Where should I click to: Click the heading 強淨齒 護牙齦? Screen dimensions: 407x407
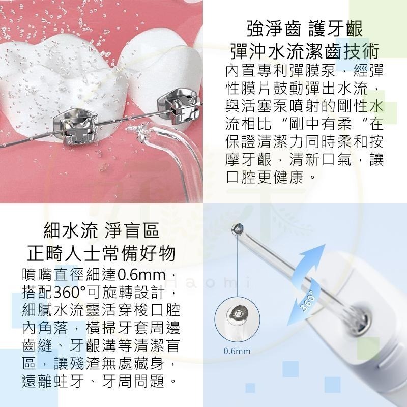point(304,28)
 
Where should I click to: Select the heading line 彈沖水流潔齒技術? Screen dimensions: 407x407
point(304,52)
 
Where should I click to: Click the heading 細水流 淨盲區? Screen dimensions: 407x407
point(101,231)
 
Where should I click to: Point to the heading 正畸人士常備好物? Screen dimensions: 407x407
point(101,254)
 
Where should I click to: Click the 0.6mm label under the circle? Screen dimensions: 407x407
point(237,351)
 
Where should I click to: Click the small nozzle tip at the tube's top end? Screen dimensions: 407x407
point(237,228)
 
